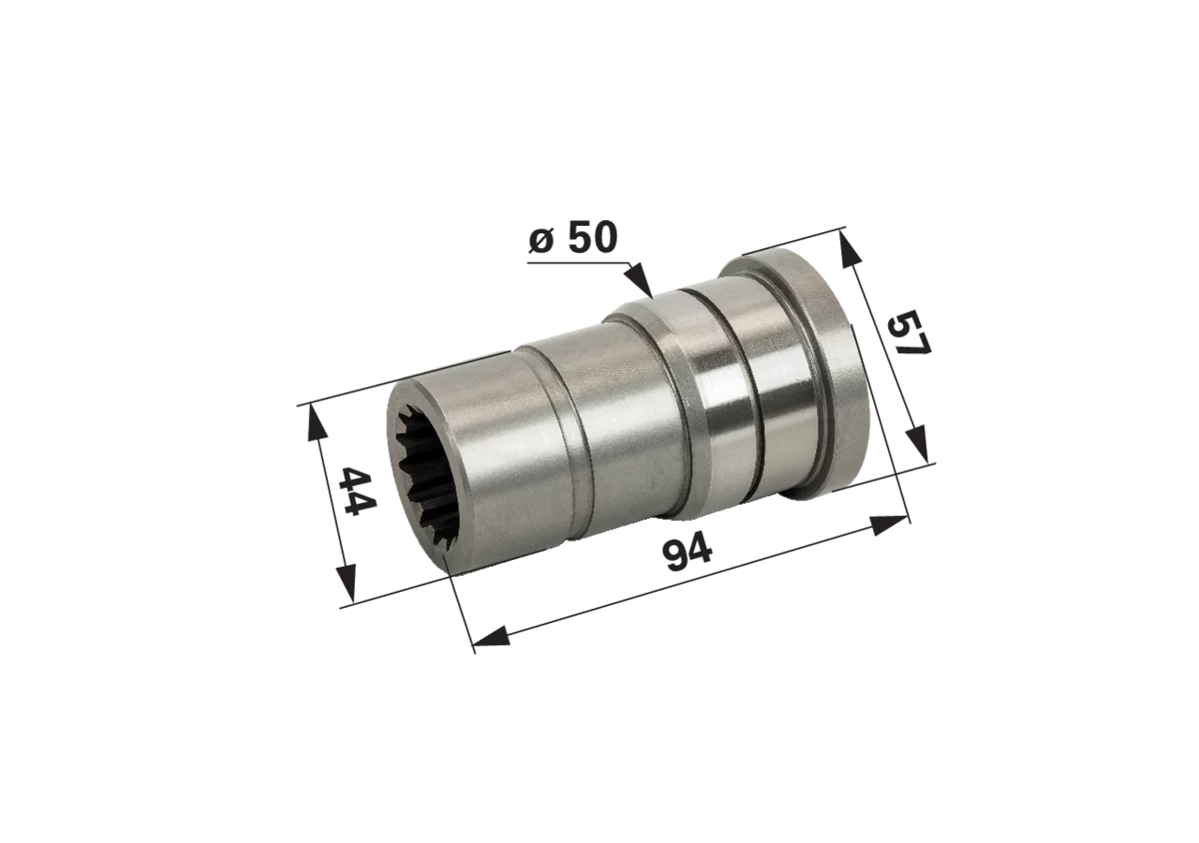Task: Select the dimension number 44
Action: point(358,490)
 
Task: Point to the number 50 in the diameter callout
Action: point(593,237)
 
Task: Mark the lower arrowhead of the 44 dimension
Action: point(346,583)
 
